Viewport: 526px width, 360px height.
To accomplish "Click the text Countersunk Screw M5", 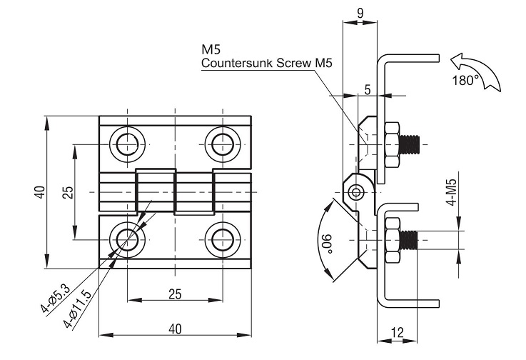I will [x=267, y=63].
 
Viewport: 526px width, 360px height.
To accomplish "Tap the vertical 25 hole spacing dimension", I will [x=66, y=192].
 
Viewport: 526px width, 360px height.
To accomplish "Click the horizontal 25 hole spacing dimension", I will [x=174, y=294].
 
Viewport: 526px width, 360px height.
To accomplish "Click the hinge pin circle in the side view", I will [x=358, y=191].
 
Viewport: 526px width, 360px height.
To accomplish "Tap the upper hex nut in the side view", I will [x=391, y=143].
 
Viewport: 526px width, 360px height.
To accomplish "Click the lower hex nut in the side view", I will [x=391, y=240].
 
